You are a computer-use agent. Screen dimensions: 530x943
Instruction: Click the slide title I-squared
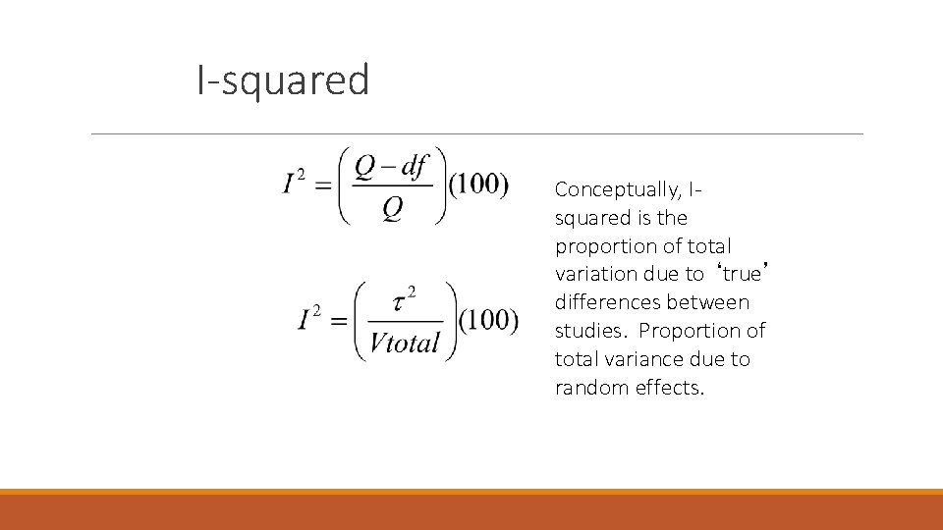(283, 80)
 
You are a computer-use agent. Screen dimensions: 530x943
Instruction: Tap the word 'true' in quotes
(742, 274)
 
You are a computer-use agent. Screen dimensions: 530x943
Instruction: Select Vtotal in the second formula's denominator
(405, 343)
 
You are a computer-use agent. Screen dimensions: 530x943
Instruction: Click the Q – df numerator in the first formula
(391, 168)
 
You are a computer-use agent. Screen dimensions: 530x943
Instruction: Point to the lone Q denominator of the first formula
(392, 208)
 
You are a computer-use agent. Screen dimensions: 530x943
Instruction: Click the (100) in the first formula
(479, 185)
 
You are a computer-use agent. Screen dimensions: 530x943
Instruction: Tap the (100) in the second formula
(488, 320)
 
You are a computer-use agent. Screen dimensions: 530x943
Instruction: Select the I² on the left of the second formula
(310, 319)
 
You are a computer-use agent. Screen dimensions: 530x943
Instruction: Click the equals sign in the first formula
(321, 185)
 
